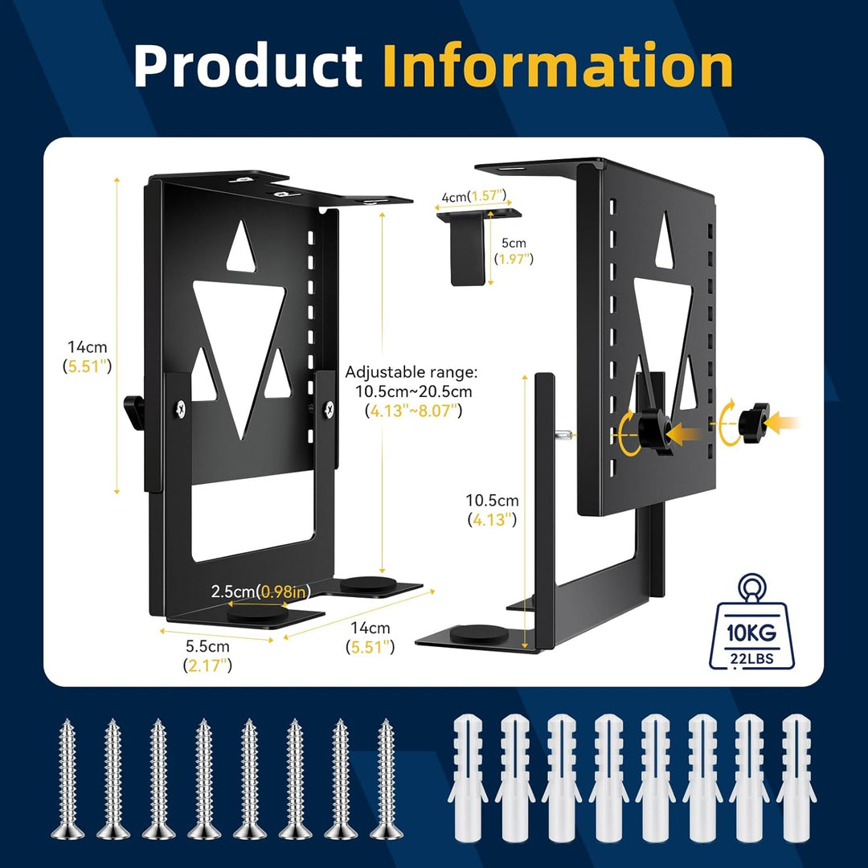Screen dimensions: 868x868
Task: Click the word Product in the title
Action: point(248,65)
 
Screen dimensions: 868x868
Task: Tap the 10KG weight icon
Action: point(751,622)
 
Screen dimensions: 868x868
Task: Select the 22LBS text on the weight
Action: point(751,658)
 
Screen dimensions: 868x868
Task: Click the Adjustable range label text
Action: point(411,391)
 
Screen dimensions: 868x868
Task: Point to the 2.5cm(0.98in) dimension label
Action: point(260,592)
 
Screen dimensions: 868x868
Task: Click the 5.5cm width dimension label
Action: point(207,656)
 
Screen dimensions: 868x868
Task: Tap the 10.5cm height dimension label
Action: point(492,510)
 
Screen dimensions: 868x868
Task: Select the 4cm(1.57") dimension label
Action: point(473,196)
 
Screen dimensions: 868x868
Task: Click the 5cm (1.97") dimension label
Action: point(514,251)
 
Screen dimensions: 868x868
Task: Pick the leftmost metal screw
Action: point(68,779)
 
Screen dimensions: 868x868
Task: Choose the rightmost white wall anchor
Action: point(796,778)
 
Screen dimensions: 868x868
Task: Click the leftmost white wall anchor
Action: point(468,778)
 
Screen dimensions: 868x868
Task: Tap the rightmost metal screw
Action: point(387,779)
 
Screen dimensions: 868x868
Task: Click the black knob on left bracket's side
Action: point(133,411)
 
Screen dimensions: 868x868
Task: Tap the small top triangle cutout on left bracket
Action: point(241,247)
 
